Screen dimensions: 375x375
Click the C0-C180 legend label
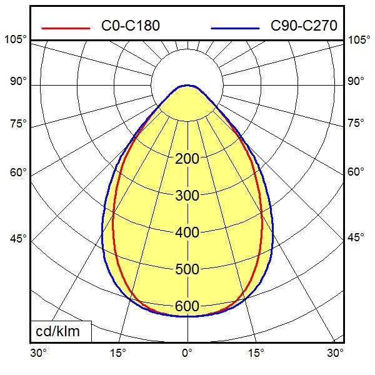(130, 26)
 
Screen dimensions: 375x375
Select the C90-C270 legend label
(304, 26)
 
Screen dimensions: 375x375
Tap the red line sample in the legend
(66, 28)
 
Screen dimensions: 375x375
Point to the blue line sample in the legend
(235, 28)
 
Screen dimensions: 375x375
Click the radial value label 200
(187, 159)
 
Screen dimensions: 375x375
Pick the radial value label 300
(187, 196)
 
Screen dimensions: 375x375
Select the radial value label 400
(187, 232)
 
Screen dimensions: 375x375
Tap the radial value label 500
(187, 269)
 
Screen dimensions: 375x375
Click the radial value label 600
(187, 306)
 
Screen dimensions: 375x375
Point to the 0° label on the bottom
(187, 353)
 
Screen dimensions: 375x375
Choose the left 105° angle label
(16, 40)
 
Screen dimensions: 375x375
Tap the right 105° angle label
(359, 40)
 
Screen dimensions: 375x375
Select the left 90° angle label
(18, 81)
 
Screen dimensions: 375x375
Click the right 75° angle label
(356, 123)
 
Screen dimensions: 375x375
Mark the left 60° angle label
(18, 172)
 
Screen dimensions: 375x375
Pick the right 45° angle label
(356, 238)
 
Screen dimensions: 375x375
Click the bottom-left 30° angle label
(39, 353)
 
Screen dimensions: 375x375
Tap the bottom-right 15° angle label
(256, 353)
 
